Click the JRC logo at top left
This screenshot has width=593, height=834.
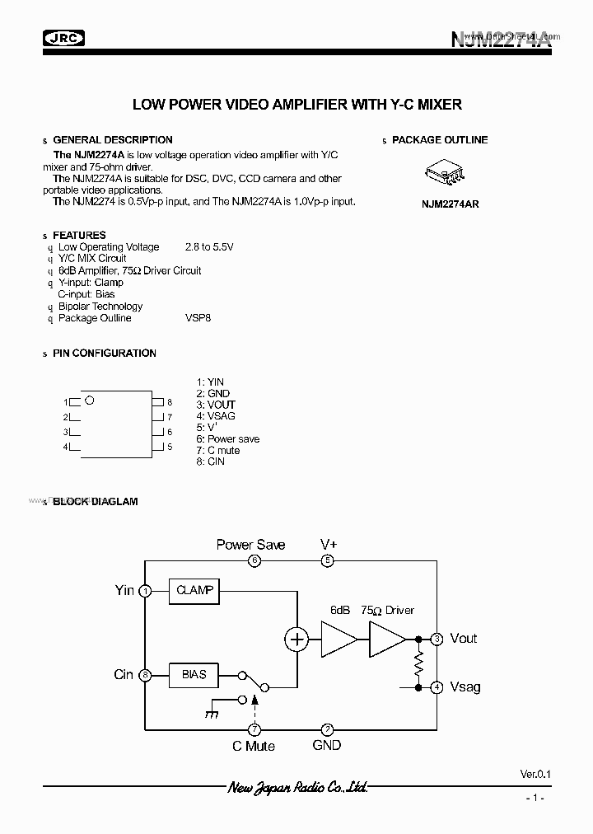click(x=63, y=37)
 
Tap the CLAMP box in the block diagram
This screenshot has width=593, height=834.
click(x=194, y=590)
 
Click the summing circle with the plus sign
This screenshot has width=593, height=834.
click(x=296, y=639)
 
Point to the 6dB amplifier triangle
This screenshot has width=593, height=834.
click(x=337, y=639)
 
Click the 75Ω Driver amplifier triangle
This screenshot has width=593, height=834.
click(x=386, y=639)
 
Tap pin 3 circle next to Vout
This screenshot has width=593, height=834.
click(x=437, y=639)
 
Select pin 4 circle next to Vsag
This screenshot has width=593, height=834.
click(x=437, y=686)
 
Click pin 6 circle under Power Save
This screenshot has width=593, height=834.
click(x=254, y=560)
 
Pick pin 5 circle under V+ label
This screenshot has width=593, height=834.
click(x=328, y=560)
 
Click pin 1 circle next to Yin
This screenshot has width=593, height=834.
click(x=145, y=590)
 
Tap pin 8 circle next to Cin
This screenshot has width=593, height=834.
click(x=145, y=674)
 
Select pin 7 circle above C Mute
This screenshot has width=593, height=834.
click(x=254, y=729)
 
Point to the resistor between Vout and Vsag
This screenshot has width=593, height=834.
click(x=418, y=663)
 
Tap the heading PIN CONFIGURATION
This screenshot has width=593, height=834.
click(x=104, y=354)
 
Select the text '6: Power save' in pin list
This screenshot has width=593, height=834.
click(x=227, y=439)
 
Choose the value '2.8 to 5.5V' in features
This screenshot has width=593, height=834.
click(x=209, y=246)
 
